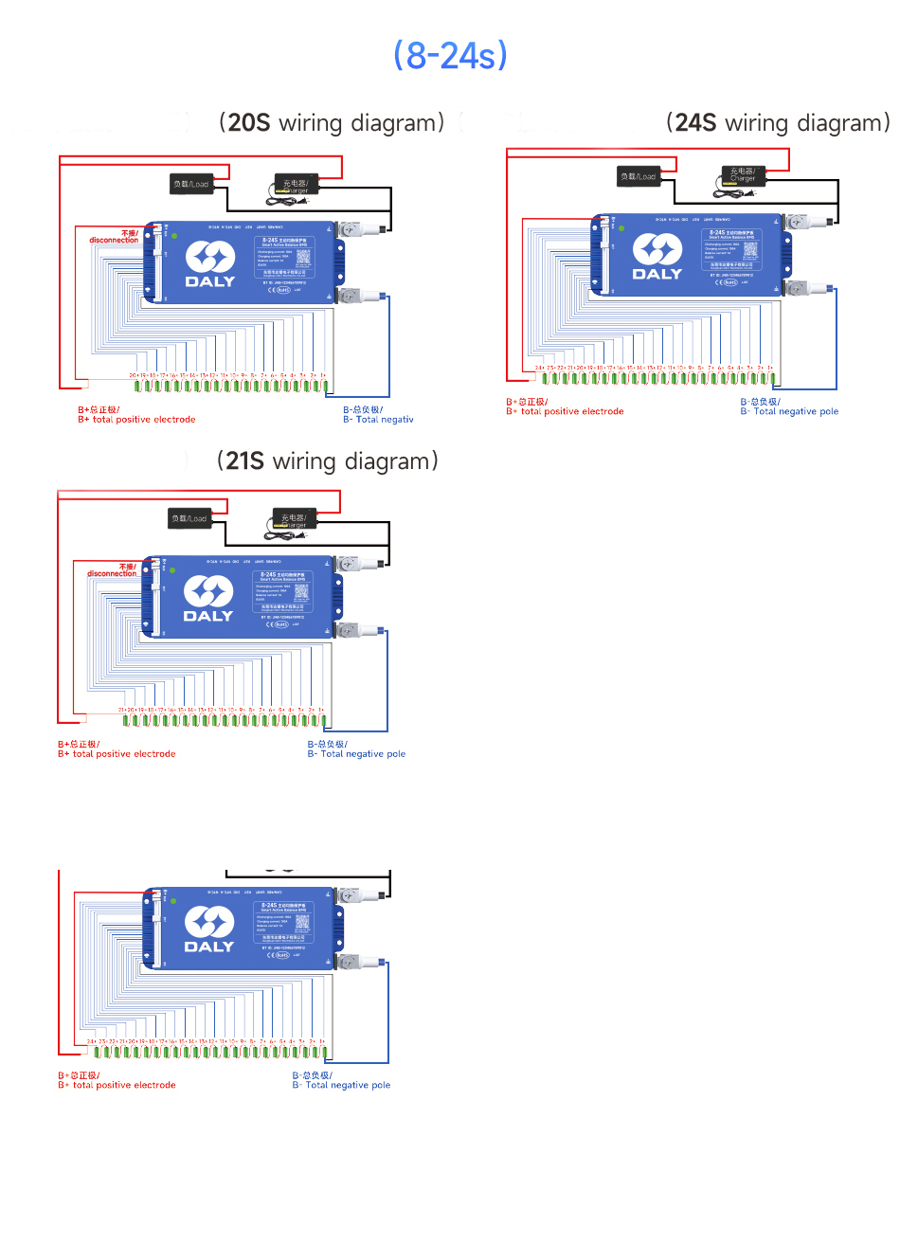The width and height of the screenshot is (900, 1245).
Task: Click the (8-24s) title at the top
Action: (x=450, y=56)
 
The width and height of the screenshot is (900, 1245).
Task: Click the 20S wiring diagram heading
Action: (x=332, y=123)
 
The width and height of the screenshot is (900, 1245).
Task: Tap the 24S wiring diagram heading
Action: (x=778, y=123)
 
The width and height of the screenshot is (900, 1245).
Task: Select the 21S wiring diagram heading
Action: (x=328, y=461)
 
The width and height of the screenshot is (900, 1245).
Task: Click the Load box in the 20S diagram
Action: (x=190, y=184)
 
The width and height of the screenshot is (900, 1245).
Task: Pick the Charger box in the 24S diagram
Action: (x=743, y=176)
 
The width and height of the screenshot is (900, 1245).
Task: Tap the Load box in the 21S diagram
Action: (x=189, y=518)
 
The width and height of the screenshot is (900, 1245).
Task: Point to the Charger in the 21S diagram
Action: (x=294, y=519)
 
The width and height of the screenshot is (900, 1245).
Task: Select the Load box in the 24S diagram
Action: (x=638, y=176)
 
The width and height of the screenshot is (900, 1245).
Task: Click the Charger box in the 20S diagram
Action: (x=295, y=185)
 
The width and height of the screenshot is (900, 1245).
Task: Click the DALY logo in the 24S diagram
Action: (x=657, y=258)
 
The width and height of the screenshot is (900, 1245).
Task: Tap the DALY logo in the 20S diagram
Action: (x=209, y=264)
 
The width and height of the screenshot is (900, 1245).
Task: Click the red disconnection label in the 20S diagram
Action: (x=115, y=237)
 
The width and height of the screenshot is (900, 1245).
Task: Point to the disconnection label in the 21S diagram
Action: (x=113, y=570)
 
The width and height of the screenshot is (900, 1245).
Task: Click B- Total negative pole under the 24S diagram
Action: (x=789, y=407)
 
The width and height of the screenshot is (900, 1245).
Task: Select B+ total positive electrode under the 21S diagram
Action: (x=117, y=749)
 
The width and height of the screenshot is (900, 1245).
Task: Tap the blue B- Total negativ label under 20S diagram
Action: (x=378, y=415)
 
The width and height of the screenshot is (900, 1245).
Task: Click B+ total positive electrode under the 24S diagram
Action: (x=565, y=407)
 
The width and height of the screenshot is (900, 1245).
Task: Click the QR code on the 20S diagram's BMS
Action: (x=303, y=257)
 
